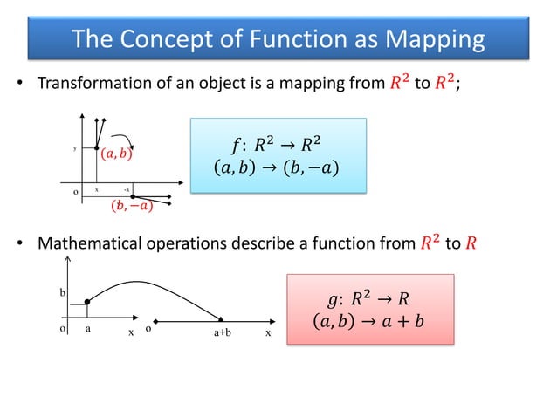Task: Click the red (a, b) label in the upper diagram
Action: click(116, 154)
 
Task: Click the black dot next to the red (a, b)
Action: click(97, 148)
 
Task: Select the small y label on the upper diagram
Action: click(75, 148)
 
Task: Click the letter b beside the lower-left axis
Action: click(62, 292)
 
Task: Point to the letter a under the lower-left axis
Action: click(87, 331)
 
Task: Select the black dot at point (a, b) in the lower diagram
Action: click(87, 303)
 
